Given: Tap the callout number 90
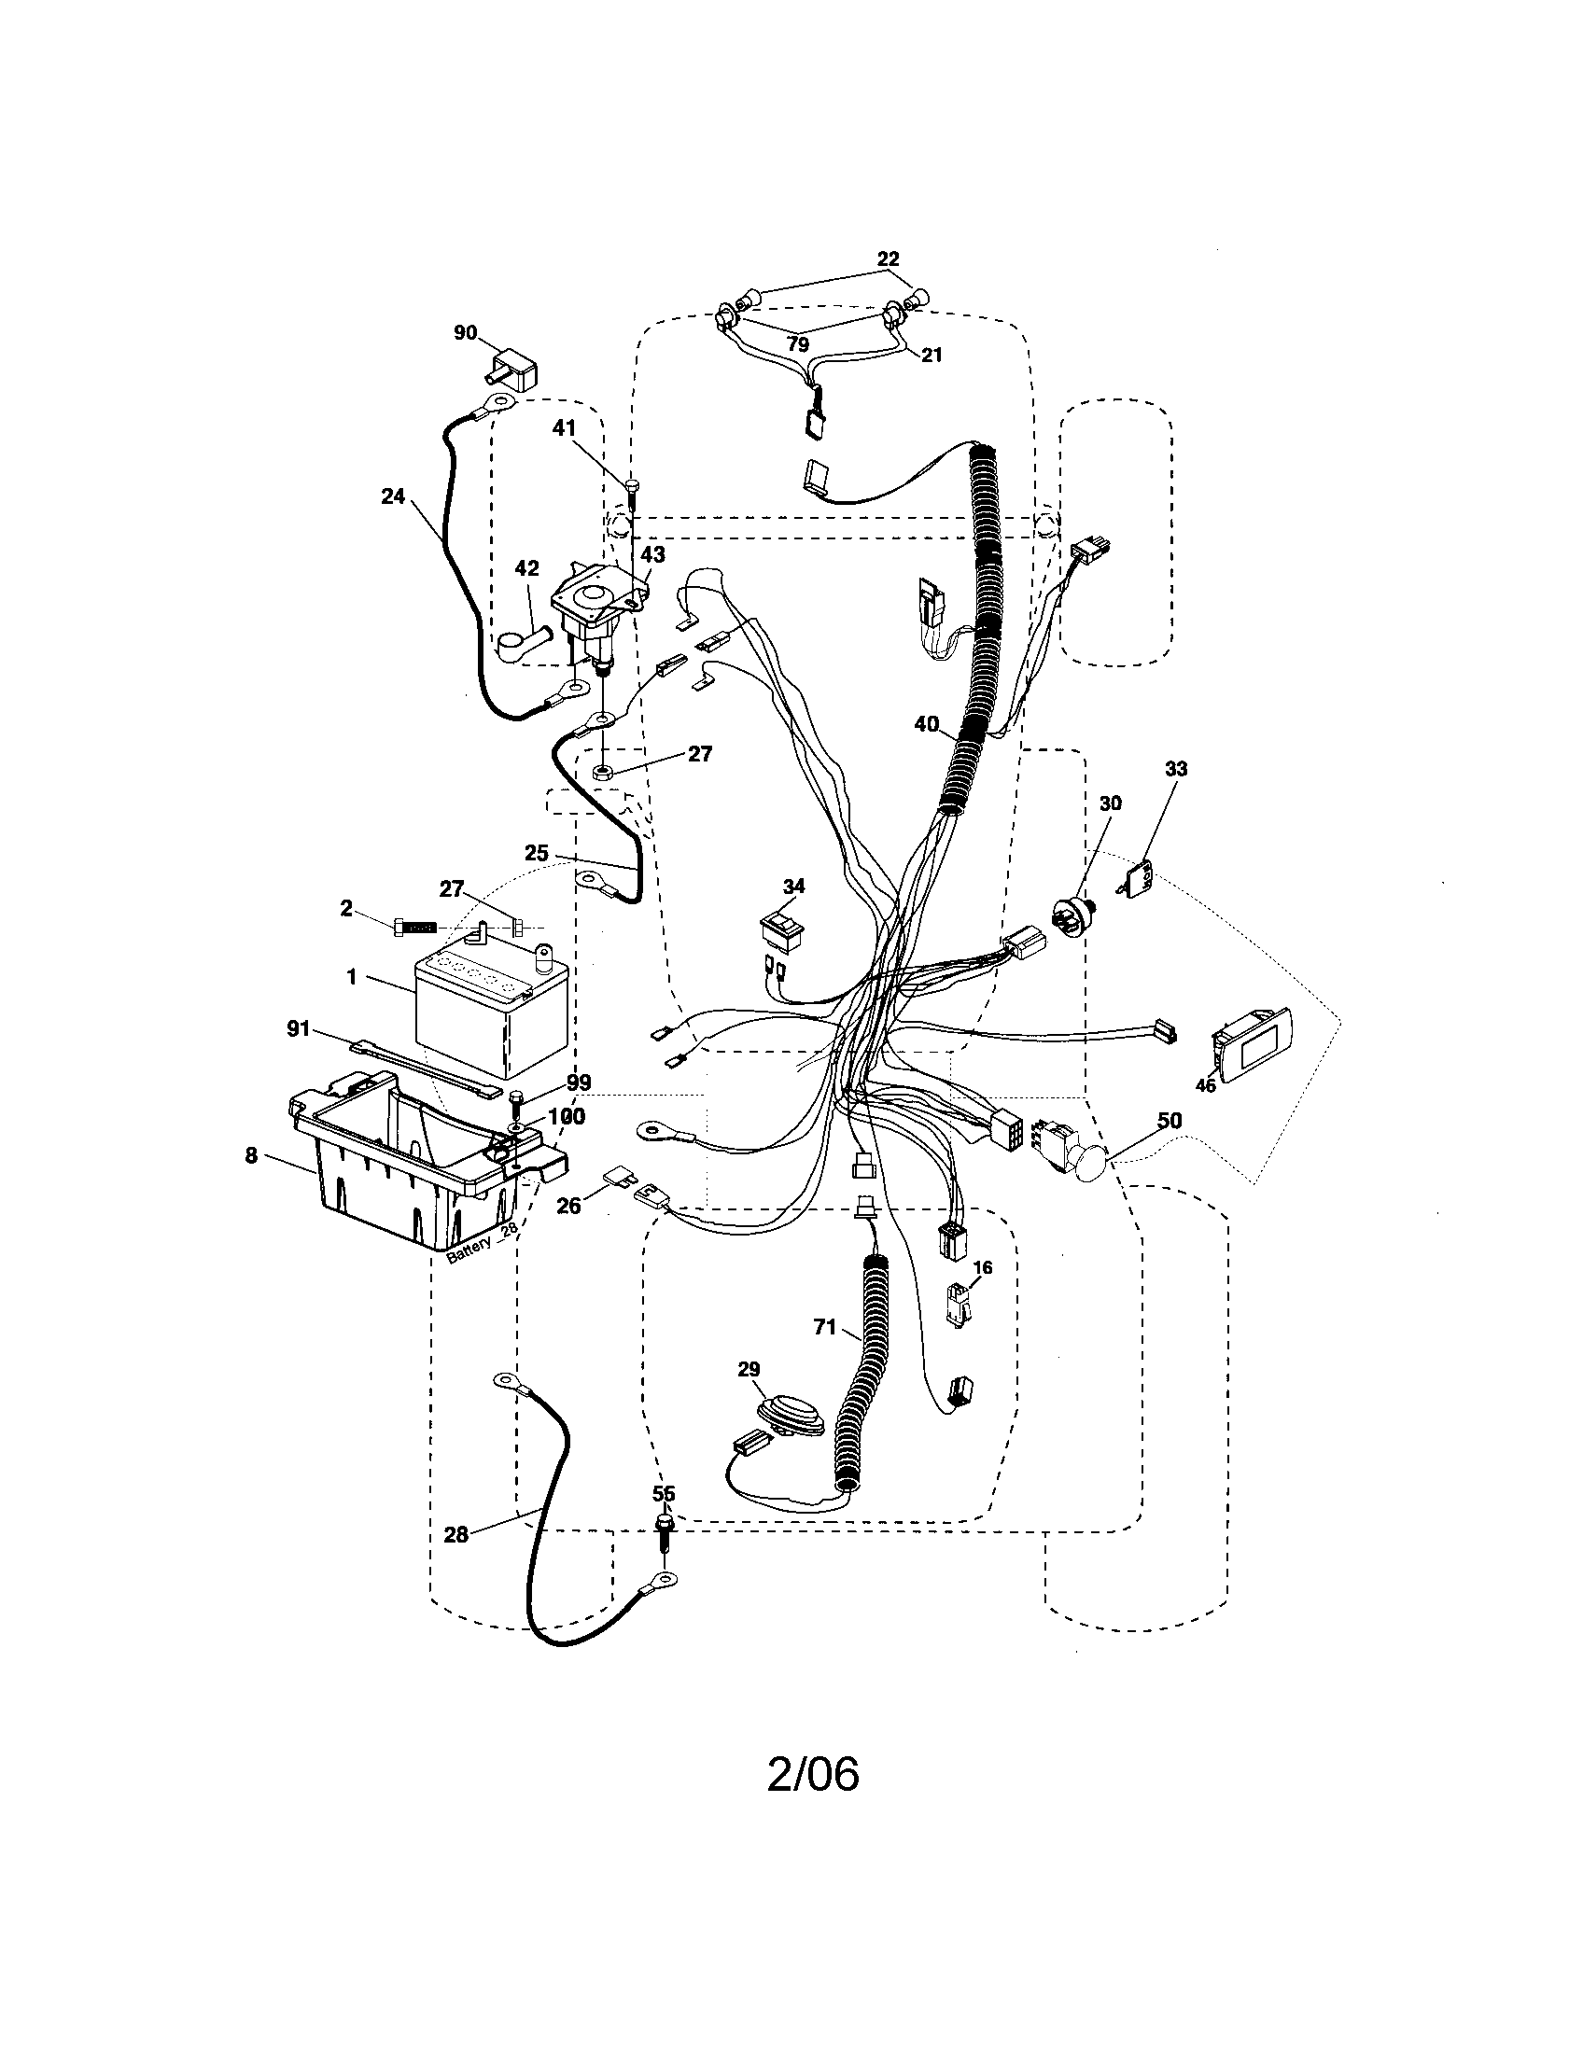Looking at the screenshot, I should (466, 333).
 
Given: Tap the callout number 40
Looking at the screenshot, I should (926, 724).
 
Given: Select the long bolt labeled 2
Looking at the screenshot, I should (414, 927).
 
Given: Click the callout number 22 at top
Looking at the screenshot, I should (888, 258).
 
